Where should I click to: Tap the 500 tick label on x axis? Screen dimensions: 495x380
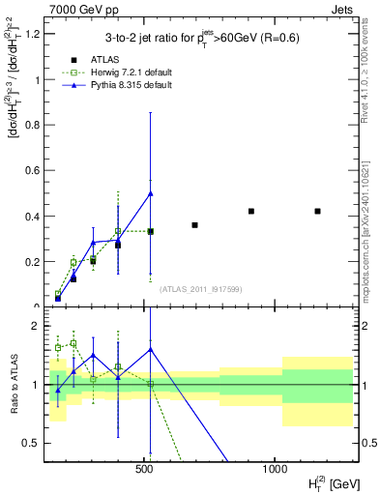tap(144, 468)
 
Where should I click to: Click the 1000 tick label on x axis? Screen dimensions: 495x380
tap(275, 468)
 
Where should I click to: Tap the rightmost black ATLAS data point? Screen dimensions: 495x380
tap(317, 211)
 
